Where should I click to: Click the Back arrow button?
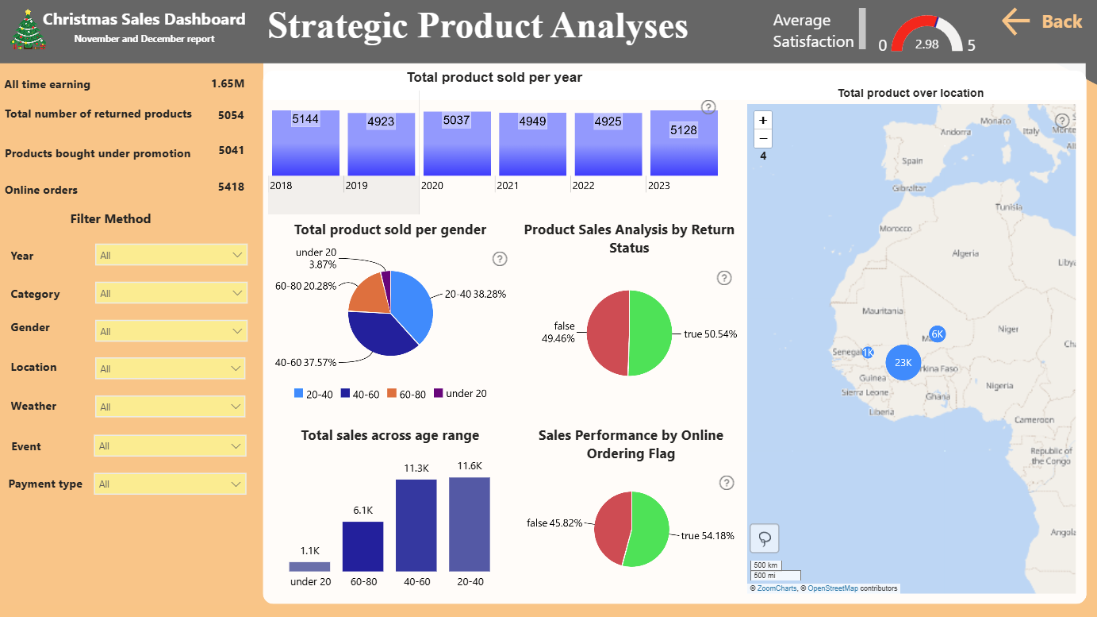click(x=1041, y=21)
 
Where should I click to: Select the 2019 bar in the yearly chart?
click(x=381, y=145)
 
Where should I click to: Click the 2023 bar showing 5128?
click(x=684, y=143)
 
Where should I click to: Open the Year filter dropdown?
click(x=171, y=255)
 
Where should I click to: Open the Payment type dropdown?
click(x=170, y=484)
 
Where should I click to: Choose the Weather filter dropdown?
click(x=170, y=407)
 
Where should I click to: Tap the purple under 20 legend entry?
click(x=460, y=393)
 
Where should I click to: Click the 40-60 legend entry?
click(x=360, y=394)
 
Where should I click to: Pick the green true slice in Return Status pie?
click(x=650, y=334)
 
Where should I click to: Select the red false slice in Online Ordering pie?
click(x=612, y=527)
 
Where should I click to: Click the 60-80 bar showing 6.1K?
click(x=363, y=546)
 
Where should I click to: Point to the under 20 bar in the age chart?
click(x=309, y=566)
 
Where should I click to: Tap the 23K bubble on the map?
click(x=903, y=362)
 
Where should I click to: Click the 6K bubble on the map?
click(x=937, y=334)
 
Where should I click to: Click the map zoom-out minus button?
click(x=763, y=139)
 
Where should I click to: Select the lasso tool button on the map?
click(x=765, y=538)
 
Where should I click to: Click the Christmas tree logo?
click(x=29, y=29)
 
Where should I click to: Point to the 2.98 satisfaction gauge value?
click(x=926, y=44)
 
